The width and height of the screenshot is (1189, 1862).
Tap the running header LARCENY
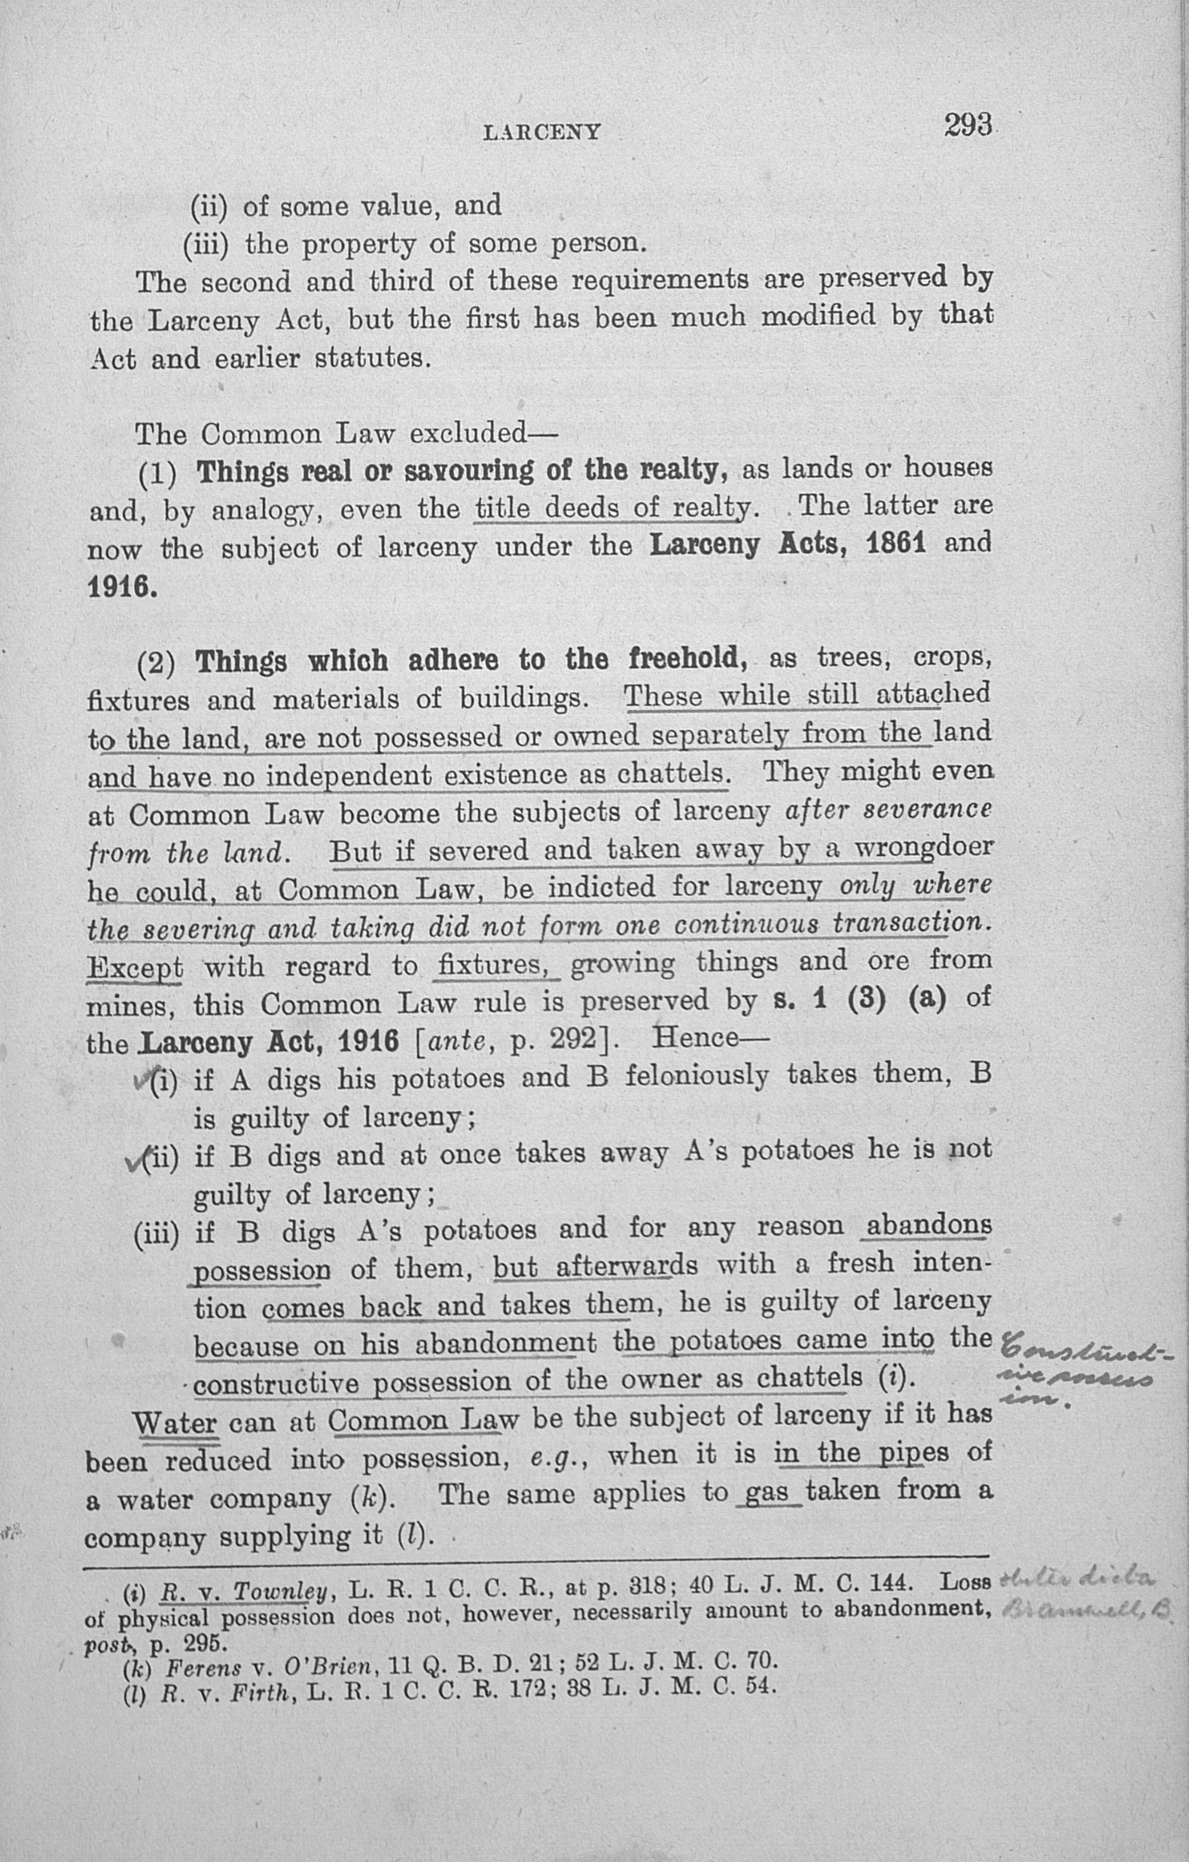click(541, 133)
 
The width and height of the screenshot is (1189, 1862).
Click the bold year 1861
click(897, 544)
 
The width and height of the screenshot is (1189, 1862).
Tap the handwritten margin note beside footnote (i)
click(1083, 1595)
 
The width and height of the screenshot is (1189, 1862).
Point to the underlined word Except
click(136, 968)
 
